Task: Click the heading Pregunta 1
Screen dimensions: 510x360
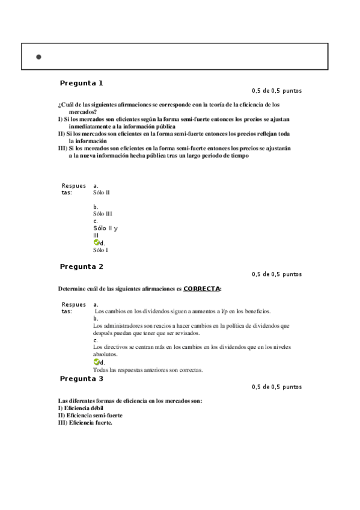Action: click(82, 83)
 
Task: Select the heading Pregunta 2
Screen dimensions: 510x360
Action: click(82, 266)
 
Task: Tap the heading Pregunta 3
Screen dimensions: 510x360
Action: click(82, 379)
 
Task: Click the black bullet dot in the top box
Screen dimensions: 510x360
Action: click(38, 57)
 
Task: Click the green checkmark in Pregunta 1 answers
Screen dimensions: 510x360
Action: click(96, 242)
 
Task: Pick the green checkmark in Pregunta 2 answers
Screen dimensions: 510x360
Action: click(96, 362)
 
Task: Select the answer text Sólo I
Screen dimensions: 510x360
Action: click(101, 250)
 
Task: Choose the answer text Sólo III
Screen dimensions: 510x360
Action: click(103, 214)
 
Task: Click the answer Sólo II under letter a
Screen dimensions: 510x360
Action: click(102, 192)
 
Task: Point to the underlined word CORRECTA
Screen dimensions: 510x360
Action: click(202, 289)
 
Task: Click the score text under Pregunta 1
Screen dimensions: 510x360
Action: click(276, 91)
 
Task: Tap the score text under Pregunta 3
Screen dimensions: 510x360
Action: click(276, 387)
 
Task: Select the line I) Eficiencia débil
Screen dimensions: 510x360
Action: click(81, 408)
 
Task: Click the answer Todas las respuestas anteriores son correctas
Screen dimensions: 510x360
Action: click(148, 370)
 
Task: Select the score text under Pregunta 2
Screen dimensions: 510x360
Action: click(276, 274)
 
